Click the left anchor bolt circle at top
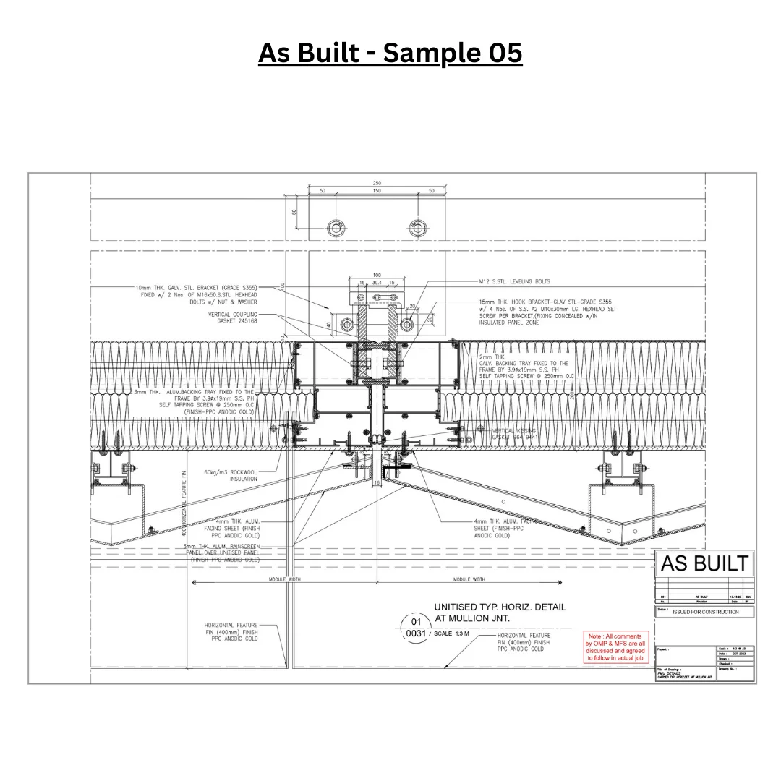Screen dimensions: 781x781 tap(336, 228)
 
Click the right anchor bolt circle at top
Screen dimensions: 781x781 tap(417, 228)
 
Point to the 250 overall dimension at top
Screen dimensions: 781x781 tap(377, 183)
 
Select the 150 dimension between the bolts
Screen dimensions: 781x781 tap(377, 191)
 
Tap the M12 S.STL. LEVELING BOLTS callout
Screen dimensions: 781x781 tap(514, 281)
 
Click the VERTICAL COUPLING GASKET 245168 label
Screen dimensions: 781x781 tap(232, 318)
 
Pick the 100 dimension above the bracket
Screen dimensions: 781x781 tap(377, 275)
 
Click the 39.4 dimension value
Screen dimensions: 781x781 tap(377, 283)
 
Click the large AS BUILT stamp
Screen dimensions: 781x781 tap(704, 564)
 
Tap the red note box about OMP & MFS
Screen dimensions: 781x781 tap(615, 647)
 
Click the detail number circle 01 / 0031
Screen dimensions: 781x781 tap(414, 627)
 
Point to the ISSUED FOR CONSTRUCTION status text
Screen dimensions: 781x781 tap(705, 612)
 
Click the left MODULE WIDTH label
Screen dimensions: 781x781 tap(284, 580)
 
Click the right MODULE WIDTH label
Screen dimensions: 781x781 tap(469, 580)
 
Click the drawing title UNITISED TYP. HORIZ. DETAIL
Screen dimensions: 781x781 tap(499, 607)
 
